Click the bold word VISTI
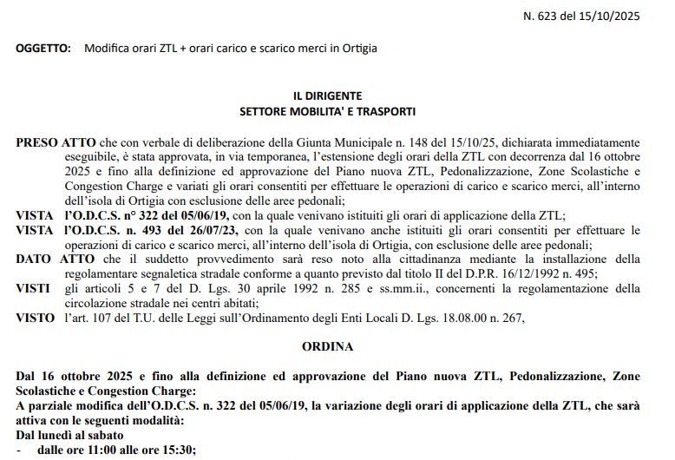click(x=33, y=288)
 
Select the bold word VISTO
click(x=35, y=318)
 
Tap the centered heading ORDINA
click(x=328, y=347)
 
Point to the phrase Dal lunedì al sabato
click(x=69, y=435)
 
